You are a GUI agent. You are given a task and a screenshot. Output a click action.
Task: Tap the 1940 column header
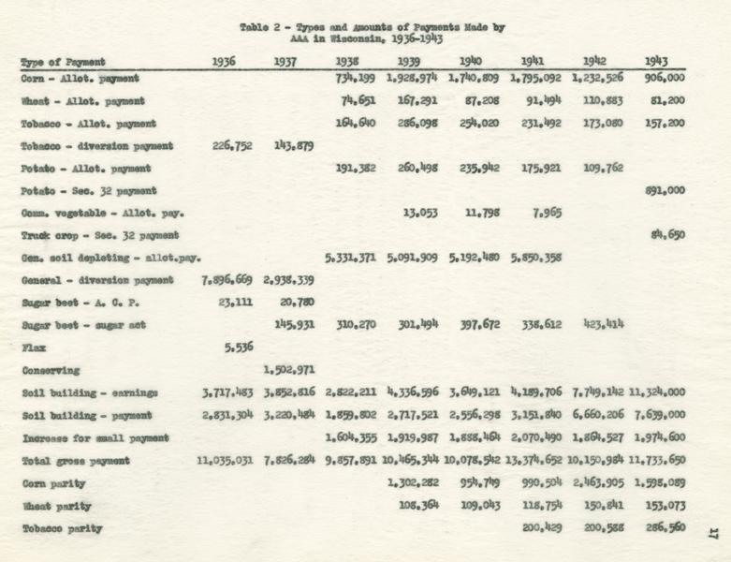[474, 62]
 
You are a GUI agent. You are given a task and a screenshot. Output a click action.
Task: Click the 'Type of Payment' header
[63, 63]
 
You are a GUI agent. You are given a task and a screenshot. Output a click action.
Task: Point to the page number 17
[712, 533]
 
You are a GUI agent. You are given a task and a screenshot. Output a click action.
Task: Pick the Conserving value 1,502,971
[294, 369]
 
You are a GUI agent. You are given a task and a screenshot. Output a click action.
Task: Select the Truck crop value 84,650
[667, 236]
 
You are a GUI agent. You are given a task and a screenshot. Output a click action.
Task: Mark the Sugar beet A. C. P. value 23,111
[234, 302]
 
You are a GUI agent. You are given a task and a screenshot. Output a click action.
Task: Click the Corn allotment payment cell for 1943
[665, 78]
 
